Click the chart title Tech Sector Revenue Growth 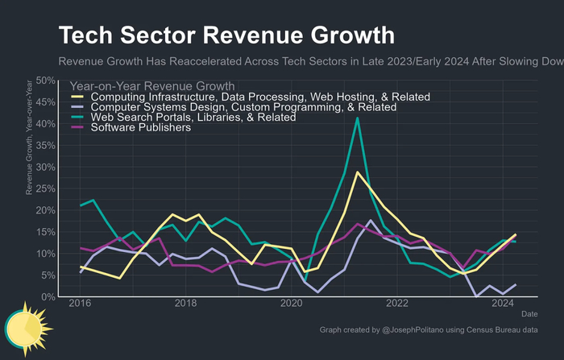coord(226,36)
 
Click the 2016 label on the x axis coord(80,304)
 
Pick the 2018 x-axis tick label coord(185,304)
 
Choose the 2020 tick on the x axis coord(291,304)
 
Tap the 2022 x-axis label coord(396,304)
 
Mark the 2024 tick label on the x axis coord(502,304)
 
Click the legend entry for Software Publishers coord(141,127)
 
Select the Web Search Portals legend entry coord(193,117)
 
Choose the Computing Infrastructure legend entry coord(260,97)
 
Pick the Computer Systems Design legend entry coord(243,106)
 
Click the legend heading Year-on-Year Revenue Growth coord(152,85)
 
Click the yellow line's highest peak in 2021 coord(357,172)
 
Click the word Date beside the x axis coord(529,312)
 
